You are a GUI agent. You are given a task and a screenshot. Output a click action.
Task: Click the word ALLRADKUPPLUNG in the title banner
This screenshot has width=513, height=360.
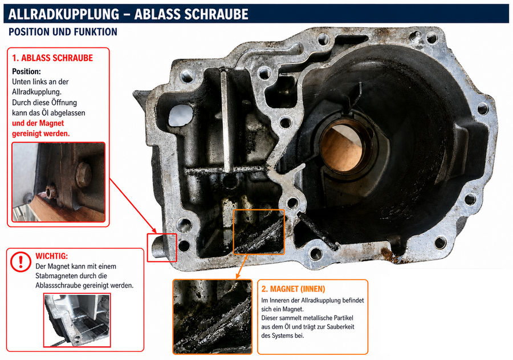pyautogui.click(x=63, y=14)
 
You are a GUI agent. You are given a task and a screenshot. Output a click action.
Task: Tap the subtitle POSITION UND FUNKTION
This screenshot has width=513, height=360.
pyautogui.click(x=63, y=32)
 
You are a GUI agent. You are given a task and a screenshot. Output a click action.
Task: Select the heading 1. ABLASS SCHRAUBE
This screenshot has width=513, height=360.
pyautogui.click(x=52, y=58)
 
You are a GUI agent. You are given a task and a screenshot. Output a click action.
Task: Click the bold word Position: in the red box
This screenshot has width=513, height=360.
pyautogui.click(x=26, y=71)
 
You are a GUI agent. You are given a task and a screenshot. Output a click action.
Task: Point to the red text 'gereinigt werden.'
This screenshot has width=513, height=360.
pyautogui.click(x=41, y=134)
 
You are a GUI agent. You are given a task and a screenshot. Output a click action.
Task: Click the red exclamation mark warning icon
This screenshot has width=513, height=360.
pyautogui.click(x=21, y=262)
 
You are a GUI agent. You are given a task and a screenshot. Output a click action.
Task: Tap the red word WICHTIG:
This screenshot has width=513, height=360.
pyautogui.click(x=52, y=256)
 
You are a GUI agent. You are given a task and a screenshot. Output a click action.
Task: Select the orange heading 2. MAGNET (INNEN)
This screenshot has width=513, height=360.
pyautogui.click(x=293, y=289)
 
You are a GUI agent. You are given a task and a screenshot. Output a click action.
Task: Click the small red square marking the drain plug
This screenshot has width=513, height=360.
pyautogui.click(x=162, y=248)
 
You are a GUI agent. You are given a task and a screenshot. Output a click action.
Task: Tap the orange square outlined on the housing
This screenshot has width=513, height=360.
pyautogui.click(x=259, y=232)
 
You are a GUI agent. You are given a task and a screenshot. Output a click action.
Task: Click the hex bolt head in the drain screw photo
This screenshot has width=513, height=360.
pyautogui.click(x=83, y=175)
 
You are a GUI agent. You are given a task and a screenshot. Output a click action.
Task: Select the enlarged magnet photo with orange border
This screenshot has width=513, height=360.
pyautogui.click(x=213, y=317)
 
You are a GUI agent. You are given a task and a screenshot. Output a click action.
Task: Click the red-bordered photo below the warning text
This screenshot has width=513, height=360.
pyautogui.click(x=77, y=320)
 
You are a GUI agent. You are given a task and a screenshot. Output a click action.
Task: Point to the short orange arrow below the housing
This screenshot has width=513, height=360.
pyautogui.click(x=242, y=267)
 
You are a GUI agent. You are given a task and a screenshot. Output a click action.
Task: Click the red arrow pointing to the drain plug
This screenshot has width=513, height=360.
pyautogui.click(x=133, y=206)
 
